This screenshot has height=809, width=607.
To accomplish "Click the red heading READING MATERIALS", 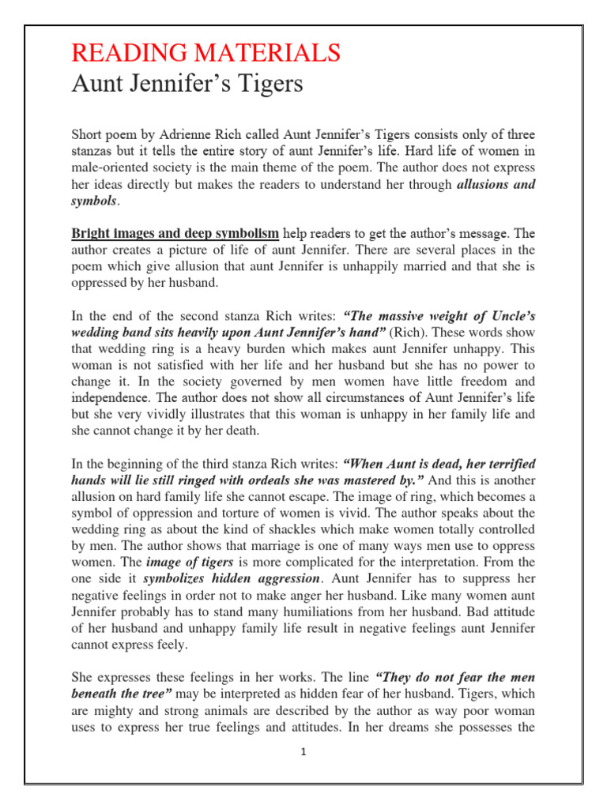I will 206,53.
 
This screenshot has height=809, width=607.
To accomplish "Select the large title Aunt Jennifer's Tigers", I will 187,84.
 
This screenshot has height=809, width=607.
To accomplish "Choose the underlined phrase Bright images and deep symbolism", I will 175,234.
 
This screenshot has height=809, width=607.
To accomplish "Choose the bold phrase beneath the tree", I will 122,694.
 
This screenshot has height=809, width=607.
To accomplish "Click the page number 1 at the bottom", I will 303,752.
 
